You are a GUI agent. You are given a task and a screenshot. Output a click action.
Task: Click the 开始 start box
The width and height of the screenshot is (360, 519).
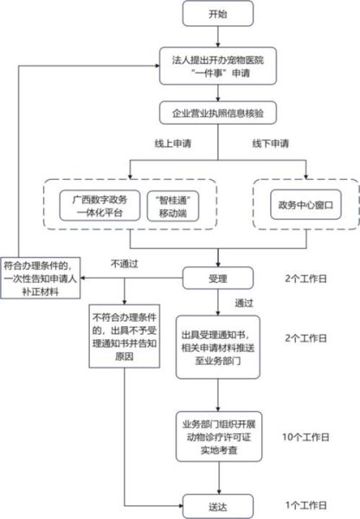pos(217,15)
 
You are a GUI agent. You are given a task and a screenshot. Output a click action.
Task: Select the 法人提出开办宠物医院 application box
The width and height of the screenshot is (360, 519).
pos(217,69)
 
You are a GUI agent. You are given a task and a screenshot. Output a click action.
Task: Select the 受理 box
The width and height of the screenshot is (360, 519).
pos(217,278)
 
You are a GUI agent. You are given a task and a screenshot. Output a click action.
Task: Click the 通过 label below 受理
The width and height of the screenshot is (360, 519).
pos(244,303)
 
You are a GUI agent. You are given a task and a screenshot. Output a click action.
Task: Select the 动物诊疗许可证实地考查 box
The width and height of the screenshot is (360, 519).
pos(217,434)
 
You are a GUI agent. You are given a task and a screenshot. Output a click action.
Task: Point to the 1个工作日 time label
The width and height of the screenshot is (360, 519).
pos(306,504)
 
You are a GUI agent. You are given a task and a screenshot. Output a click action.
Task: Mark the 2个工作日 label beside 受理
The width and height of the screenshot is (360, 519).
pos(306,279)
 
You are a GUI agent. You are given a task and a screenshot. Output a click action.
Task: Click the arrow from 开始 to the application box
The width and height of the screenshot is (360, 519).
pos(217,40)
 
